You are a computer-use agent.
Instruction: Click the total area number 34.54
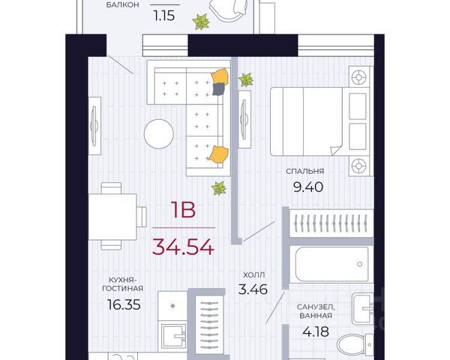click(x=183, y=247)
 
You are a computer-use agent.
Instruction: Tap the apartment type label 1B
click(x=184, y=210)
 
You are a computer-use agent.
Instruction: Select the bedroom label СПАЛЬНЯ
click(x=304, y=172)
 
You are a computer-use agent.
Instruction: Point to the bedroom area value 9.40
click(x=308, y=187)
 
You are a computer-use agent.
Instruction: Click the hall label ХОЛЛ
click(x=254, y=274)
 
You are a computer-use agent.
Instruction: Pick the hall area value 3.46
click(x=253, y=289)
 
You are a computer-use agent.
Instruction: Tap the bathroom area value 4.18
click(x=316, y=331)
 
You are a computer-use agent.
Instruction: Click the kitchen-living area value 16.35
click(x=124, y=304)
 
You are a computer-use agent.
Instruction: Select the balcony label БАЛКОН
click(x=122, y=5)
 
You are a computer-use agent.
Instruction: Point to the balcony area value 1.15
click(x=164, y=16)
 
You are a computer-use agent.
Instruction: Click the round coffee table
click(x=159, y=134)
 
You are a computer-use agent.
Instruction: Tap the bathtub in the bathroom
click(x=331, y=264)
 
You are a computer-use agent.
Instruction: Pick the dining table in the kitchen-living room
click(x=112, y=217)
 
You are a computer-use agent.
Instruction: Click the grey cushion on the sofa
click(x=219, y=88)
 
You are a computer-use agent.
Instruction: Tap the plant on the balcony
click(x=201, y=22)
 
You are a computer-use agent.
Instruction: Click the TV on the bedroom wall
click(x=244, y=119)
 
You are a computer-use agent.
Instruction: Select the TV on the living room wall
click(x=94, y=126)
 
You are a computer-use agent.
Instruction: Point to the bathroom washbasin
click(x=363, y=308)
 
